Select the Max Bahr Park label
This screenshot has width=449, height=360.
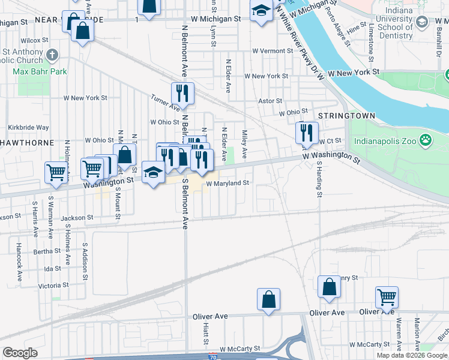40,72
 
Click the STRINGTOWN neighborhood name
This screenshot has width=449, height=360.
346,115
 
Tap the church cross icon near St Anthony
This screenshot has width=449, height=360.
52,56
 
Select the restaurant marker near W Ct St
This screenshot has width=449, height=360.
307,133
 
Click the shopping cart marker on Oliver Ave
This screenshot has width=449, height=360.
387,297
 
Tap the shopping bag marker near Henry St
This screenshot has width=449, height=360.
329,287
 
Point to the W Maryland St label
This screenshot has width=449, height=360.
228,183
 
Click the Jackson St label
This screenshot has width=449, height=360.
77,218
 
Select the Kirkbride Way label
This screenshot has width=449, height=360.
28,127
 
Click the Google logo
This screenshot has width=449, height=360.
20,353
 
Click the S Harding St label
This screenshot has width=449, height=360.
320,178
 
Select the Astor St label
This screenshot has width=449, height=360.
270,101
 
